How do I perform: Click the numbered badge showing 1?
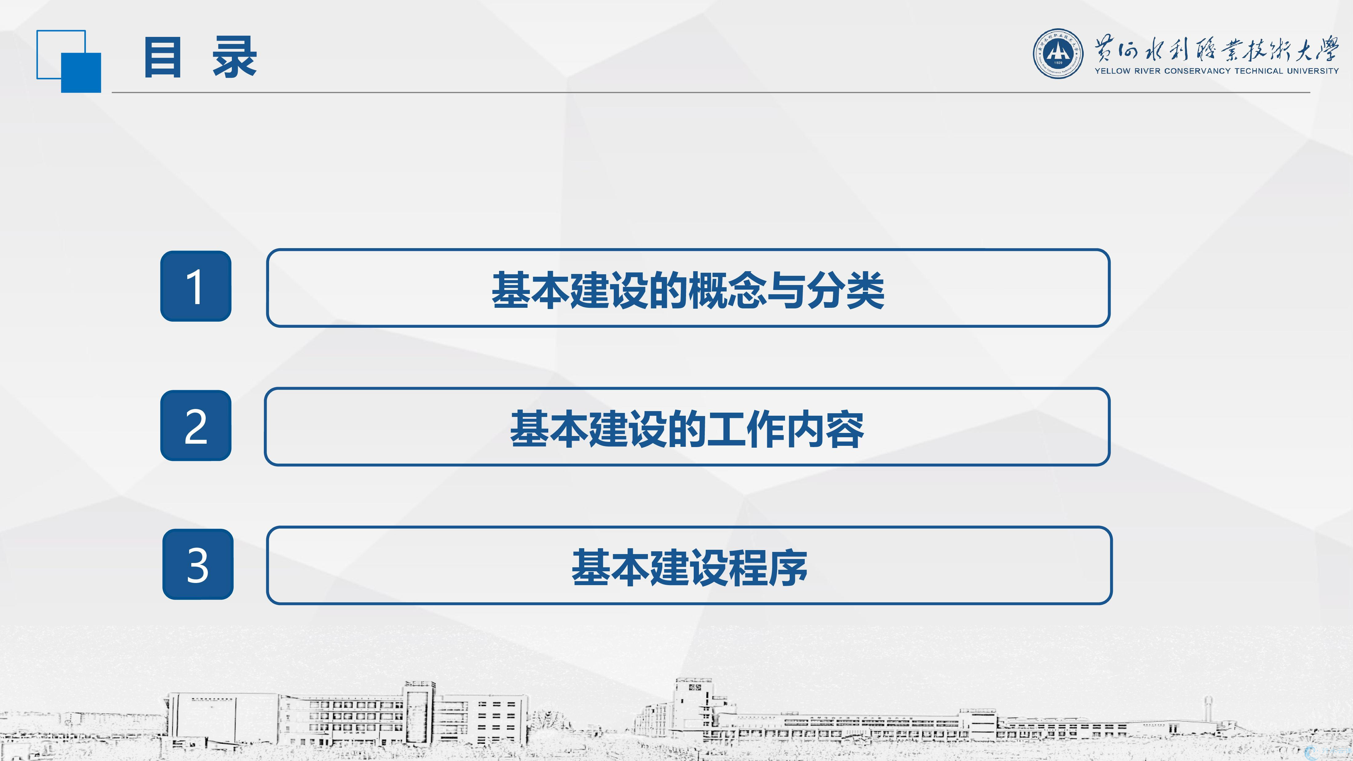pyautogui.click(x=196, y=286)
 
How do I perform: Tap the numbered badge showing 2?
pyautogui.click(x=196, y=426)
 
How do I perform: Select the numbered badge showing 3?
pyautogui.click(x=198, y=564)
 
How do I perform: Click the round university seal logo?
pyautogui.click(x=1058, y=54)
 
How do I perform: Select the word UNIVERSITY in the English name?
pyautogui.click(x=1318, y=71)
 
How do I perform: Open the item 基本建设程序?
pyautogui.click(x=690, y=568)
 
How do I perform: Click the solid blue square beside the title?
pyautogui.click(x=81, y=73)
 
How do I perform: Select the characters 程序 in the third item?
pyautogui.click(x=768, y=568)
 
